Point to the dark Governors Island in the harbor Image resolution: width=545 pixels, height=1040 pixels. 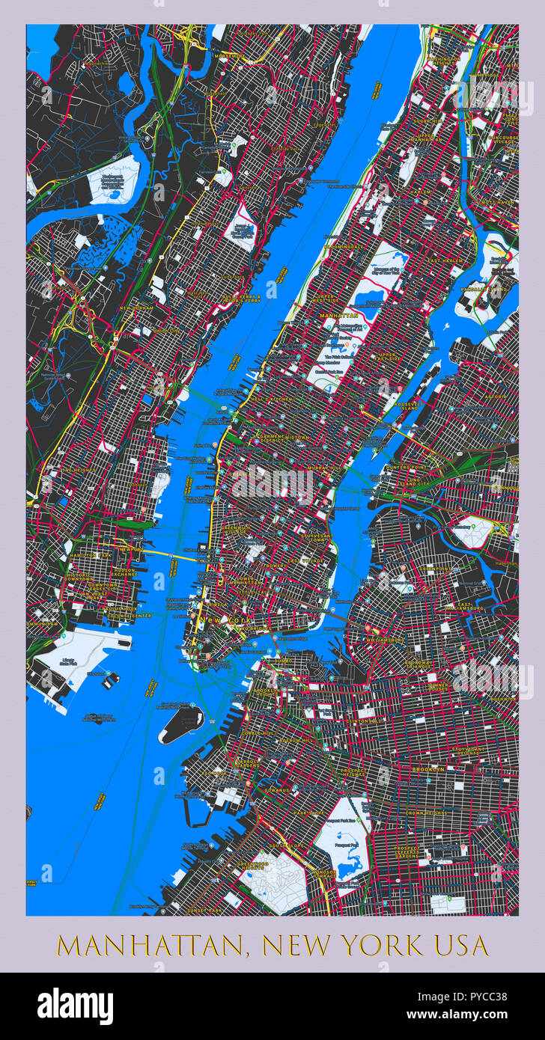pos(181,724)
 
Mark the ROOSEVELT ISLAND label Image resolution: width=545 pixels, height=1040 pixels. pos(406,406)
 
